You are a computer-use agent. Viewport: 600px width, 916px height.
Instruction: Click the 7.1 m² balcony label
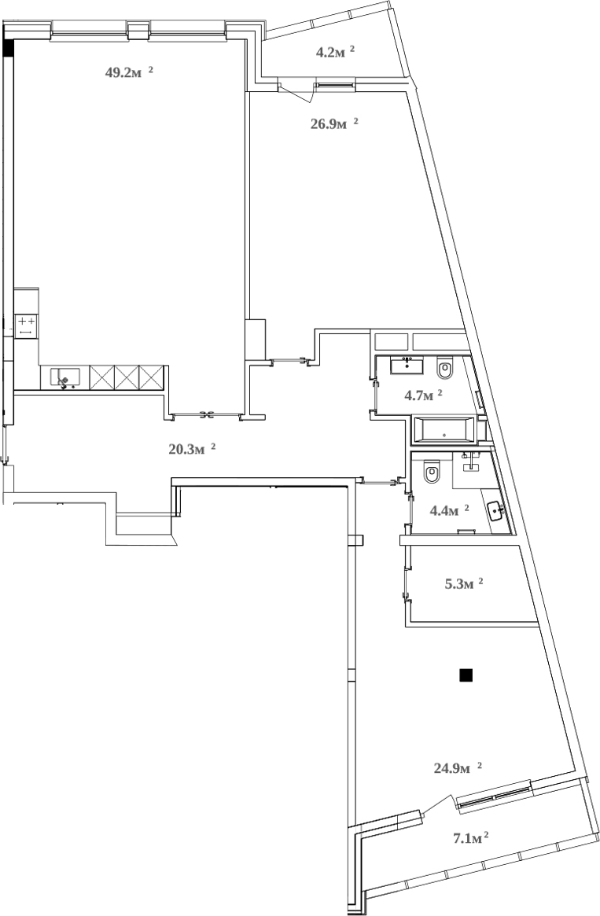471,838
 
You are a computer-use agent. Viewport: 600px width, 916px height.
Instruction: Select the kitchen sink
66,378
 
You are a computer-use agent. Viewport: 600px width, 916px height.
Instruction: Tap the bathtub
444,430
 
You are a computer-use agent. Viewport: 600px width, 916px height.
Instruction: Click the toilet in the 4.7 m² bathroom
444,368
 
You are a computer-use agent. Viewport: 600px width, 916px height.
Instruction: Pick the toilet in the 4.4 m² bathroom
431,473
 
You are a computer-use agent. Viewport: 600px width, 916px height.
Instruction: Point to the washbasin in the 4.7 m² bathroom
407,364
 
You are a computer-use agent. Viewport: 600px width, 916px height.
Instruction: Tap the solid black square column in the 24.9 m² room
466,675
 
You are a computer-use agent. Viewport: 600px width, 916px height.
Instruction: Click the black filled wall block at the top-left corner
9,48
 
